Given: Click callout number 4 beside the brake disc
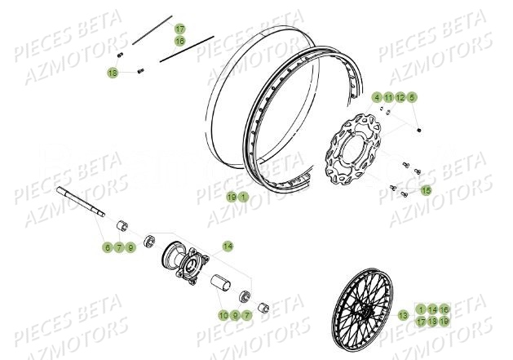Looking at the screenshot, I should [x=378, y=98].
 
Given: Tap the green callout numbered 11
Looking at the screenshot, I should [x=389, y=98].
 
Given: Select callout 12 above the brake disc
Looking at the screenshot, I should [x=400, y=98].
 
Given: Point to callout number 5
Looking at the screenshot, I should [x=412, y=98].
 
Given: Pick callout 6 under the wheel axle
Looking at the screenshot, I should [x=107, y=247].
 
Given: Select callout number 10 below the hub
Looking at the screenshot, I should [x=223, y=315].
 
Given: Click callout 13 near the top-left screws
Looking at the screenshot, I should [x=113, y=73].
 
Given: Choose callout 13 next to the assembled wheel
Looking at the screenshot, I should [x=403, y=315].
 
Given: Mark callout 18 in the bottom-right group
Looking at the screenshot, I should [x=432, y=322].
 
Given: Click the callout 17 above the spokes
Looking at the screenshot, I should [x=180, y=29].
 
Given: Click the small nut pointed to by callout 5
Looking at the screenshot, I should [x=419, y=128].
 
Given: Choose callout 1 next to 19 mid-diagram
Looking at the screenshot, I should [x=243, y=197].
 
